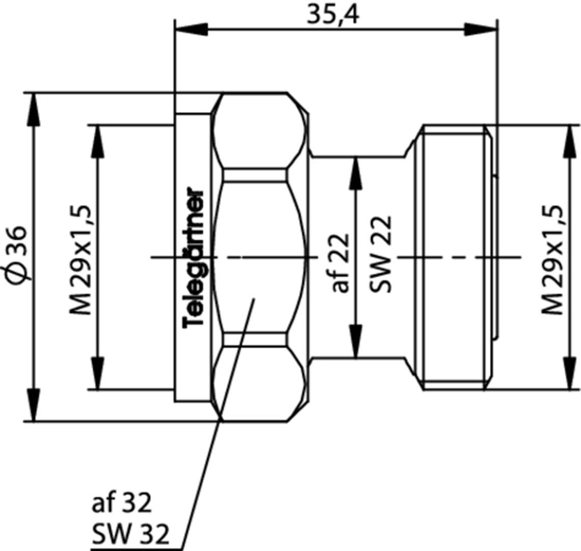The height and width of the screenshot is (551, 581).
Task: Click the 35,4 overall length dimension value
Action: (333, 15)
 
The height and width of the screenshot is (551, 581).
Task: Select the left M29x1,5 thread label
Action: (81, 260)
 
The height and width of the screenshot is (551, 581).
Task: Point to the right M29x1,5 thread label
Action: (552, 260)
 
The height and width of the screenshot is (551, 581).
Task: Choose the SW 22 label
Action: (381, 255)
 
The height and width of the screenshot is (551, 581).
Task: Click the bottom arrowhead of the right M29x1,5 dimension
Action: (568, 374)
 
